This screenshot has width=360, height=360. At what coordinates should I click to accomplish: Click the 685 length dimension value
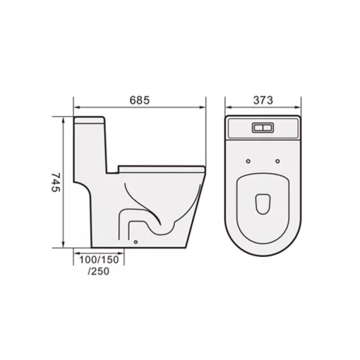pyautogui.click(x=140, y=101)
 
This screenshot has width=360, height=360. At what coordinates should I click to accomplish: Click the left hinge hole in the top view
pyautogui.click(x=248, y=161)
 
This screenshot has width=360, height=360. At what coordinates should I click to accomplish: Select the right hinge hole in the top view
pyautogui.click(x=278, y=161)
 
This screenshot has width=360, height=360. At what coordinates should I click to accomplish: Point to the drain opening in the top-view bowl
pyautogui.click(x=263, y=203)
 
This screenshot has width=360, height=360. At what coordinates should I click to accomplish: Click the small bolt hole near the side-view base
pyautogui.click(x=135, y=242)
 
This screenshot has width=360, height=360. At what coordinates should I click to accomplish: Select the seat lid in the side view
pyautogui.click(x=162, y=167)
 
